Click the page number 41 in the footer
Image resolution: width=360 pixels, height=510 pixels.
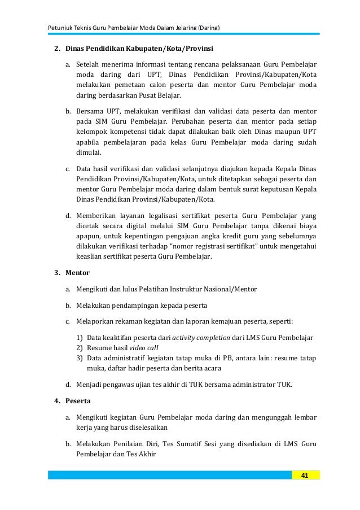click(x=305, y=476)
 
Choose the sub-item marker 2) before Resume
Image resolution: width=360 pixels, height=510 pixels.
click(x=80, y=348)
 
